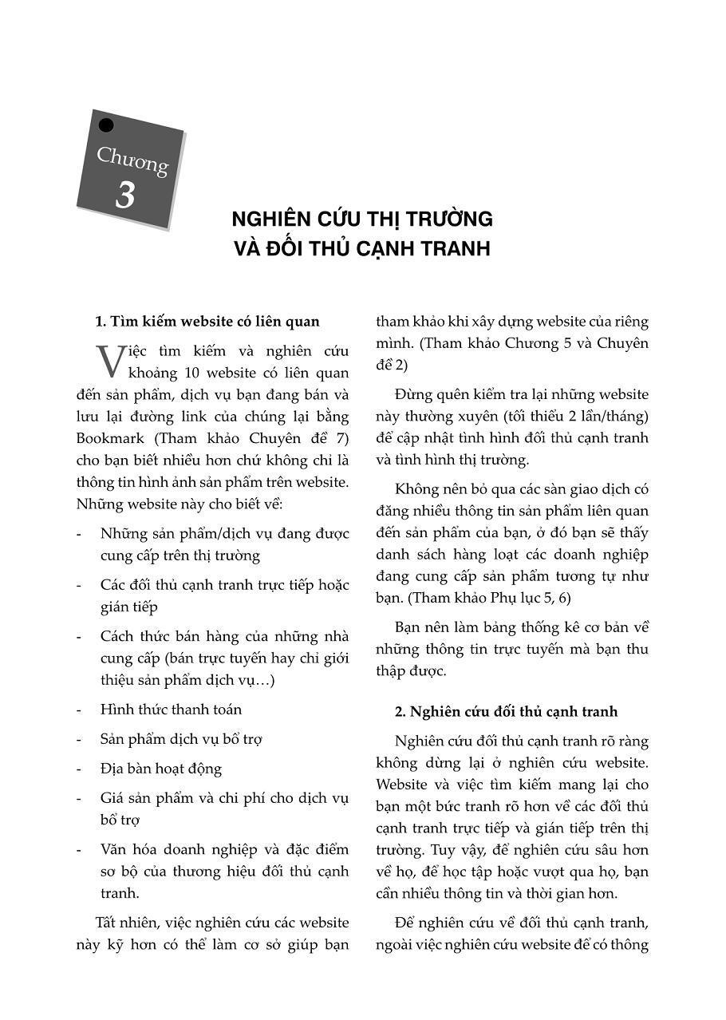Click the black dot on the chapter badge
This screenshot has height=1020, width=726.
click(x=105, y=125)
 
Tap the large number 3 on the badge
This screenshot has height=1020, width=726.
click(x=124, y=196)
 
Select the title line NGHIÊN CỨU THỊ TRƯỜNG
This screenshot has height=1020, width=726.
click(x=361, y=219)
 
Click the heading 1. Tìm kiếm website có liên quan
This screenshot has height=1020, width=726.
click(x=207, y=322)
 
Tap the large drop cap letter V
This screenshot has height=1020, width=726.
click(x=110, y=362)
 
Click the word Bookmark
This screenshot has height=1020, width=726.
click(x=110, y=438)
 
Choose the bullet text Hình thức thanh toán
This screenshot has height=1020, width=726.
click(x=171, y=710)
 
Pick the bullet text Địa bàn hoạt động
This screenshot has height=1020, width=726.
click(x=161, y=769)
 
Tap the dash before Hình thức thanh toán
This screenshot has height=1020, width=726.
click(x=79, y=710)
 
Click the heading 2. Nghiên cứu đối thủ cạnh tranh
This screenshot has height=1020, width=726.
click(x=506, y=711)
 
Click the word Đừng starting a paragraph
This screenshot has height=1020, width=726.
click(x=413, y=394)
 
